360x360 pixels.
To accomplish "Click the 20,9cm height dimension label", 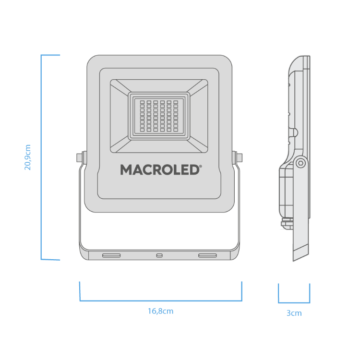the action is coord(27,157).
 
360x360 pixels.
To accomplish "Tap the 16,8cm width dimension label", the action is coord(160,311).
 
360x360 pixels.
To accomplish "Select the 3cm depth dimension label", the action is coord(294,313).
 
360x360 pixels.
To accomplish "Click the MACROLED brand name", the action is coord(159,170).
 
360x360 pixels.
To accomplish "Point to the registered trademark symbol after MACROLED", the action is coord(201,166).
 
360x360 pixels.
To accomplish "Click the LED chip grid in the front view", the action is coord(159,116).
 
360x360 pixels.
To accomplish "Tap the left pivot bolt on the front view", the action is coord(79,158).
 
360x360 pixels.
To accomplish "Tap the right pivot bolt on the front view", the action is coord(239,158).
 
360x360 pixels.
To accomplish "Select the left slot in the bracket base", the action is coord(111,255).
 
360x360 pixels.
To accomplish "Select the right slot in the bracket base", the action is coord(207,255).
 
